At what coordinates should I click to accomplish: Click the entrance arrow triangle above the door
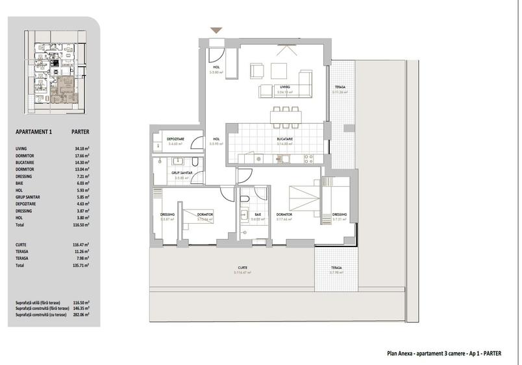coord(217,30)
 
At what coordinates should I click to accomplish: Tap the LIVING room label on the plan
coord(284,87)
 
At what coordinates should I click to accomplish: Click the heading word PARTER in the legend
coord(81,132)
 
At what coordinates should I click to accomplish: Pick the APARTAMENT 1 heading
coord(33,132)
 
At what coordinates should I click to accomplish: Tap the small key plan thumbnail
coord(55,72)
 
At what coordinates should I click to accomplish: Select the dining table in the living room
coord(285,117)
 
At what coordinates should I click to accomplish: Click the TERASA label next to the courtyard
coord(335,268)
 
